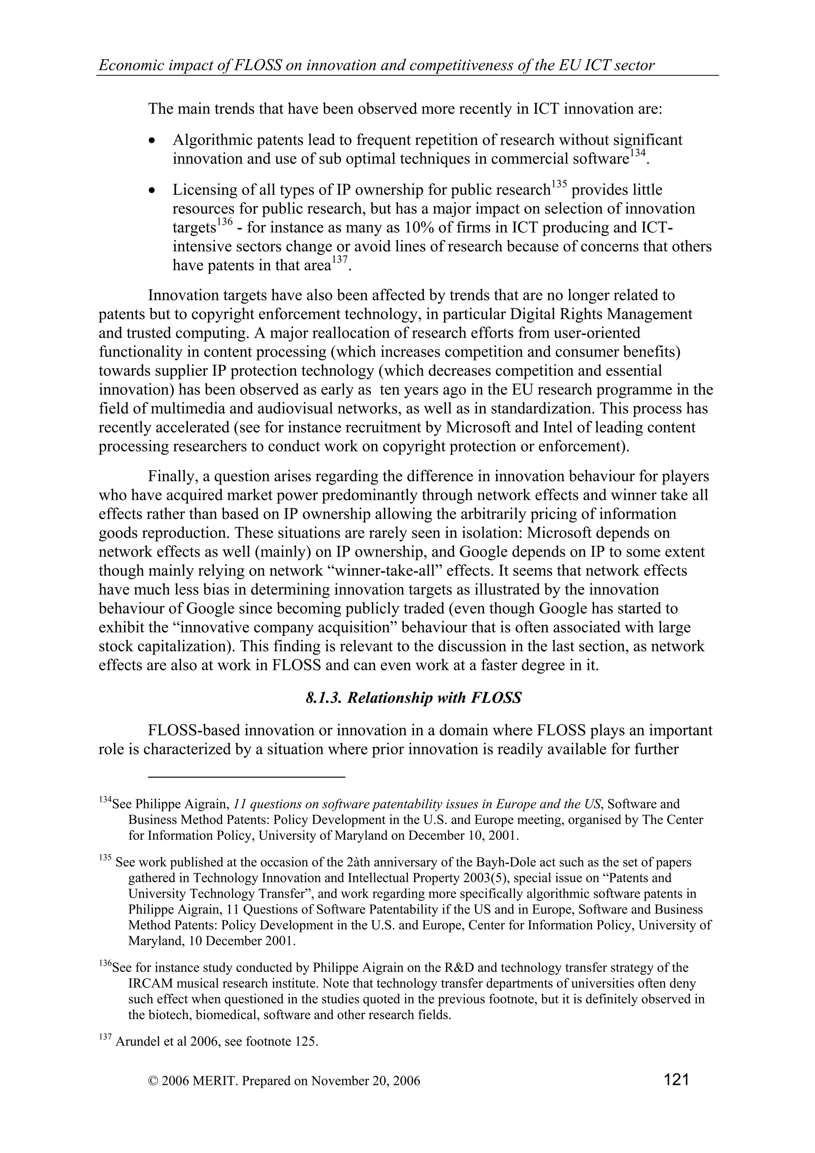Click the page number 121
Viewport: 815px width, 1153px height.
pyautogui.click(x=675, y=1079)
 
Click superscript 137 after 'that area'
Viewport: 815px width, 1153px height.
pyautogui.click(x=339, y=260)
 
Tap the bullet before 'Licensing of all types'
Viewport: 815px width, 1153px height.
pyautogui.click(x=152, y=191)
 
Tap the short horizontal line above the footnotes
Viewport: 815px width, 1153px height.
pyautogui.click(x=247, y=777)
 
